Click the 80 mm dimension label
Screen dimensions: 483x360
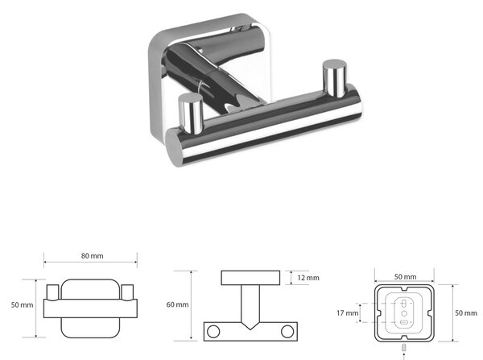[92, 256]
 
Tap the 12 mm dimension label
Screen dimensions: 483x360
[308, 278]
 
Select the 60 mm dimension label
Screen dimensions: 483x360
[177, 304]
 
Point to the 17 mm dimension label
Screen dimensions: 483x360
[348, 313]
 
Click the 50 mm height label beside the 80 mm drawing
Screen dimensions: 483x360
[23, 304]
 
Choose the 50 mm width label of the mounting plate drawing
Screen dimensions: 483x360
[406, 277]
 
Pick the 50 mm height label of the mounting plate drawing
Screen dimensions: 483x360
[466, 312]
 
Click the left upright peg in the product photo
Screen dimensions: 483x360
[191, 114]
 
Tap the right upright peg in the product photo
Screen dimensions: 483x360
[335, 78]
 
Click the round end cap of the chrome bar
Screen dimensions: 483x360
[175, 148]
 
